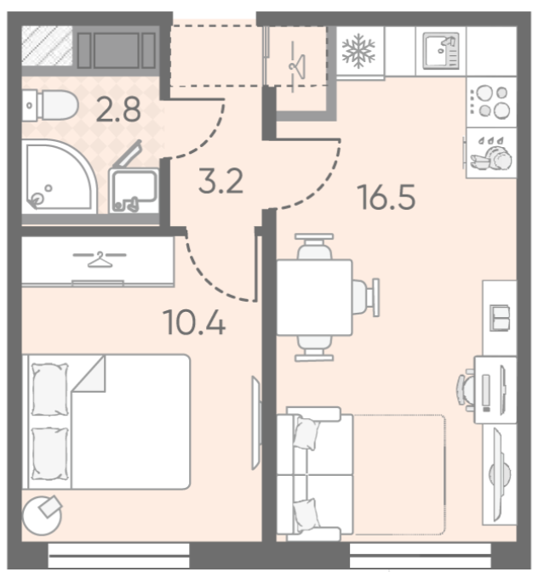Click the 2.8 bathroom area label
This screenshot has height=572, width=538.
click(x=118, y=110)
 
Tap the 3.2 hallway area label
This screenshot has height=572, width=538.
click(x=220, y=181)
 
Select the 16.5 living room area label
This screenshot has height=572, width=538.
click(x=386, y=197)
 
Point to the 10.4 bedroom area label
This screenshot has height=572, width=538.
click(x=194, y=322)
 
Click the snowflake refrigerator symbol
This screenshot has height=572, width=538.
click(x=358, y=51)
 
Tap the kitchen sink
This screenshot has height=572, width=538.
click(x=441, y=51)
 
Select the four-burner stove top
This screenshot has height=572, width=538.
click(x=491, y=102)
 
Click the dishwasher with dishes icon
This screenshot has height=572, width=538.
click(x=491, y=153)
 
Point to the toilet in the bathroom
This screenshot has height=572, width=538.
click(x=50, y=105)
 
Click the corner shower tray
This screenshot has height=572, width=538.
click(x=59, y=177)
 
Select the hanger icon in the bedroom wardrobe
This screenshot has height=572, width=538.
click(x=100, y=259)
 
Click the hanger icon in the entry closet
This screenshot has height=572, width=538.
click(x=296, y=66)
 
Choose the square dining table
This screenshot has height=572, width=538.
click(x=314, y=297)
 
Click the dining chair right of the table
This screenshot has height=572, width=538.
click(x=365, y=297)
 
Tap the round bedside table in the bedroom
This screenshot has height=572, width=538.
click(x=42, y=515)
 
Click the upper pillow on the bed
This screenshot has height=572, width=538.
click(x=50, y=389)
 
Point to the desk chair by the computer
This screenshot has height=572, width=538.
click(x=466, y=389)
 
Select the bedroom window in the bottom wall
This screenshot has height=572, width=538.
click(x=119, y=555)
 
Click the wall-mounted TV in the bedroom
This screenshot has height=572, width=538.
click(x=256, y=422)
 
